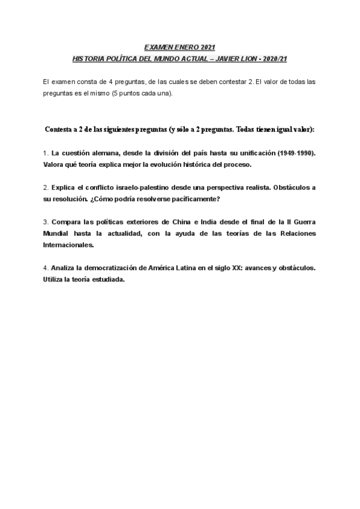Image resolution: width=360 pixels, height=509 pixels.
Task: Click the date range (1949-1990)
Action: pyautogui.click(x=294, y=152)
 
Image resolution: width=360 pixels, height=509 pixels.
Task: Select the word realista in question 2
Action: pyautogui.click(x=247, y=187)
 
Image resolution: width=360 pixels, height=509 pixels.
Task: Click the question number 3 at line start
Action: pyautogui.click(x=46, y=222)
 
